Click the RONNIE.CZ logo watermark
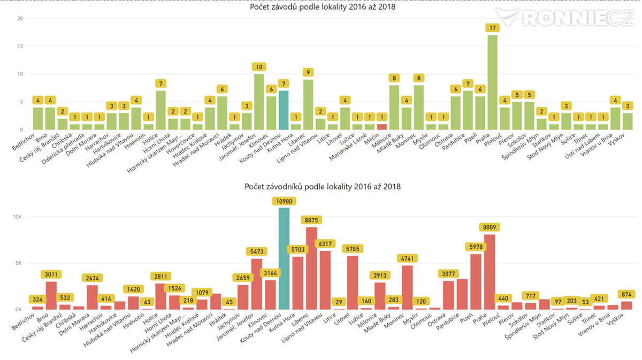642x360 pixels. (564, 17)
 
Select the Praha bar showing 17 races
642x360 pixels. (492, 82)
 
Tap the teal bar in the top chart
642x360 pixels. (284, 110)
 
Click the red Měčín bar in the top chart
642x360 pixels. (382, 127)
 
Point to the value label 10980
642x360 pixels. (284, 201)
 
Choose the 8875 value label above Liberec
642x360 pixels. (311, 220)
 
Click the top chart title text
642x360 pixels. (323, 7)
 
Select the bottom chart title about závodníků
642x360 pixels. (323, 187)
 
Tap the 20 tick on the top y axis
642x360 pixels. (20, 18)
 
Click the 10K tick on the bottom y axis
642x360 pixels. (17, 217)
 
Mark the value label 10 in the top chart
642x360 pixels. (259, 67)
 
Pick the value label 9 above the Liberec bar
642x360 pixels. (308, 72)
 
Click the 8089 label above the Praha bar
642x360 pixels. (489, 227)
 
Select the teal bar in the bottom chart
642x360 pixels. (284, 258)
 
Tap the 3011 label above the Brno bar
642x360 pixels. (51, 274)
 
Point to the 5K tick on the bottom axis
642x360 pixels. (19, 263)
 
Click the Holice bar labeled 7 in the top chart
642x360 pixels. (160, 110)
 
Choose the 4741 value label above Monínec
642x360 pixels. (407, 258)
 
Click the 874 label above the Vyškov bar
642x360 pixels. (626, 294)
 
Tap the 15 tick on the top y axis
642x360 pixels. (20, 46)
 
